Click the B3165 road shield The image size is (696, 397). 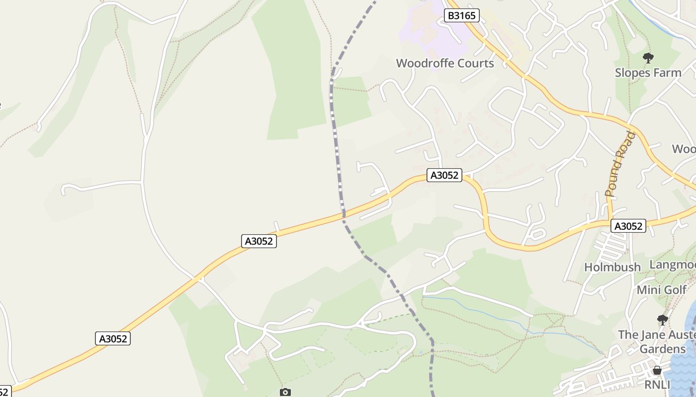pyautogui.click(x=461, y=16)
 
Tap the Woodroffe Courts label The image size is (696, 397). pyautogui.click(x=445, y=64)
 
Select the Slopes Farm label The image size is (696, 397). pyautogui.click(x=648, y=73)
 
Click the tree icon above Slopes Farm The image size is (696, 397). pyautogui.click(x=648, y=58)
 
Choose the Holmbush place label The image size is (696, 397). pyautogui.click(x=612, y=267)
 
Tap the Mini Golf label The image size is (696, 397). pyautogui.click(x=662, y=290)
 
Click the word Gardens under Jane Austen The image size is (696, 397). pyautogui.click(x=662, y=349)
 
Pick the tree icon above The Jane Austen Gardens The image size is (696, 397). pyautogui.click(x=662, y=320)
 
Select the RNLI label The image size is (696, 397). pyautogui.click(x=657, y=385)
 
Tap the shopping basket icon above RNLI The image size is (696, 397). pyautogui.click(x=657, y=370)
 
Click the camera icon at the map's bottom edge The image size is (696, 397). pyautogui.click(x=285, y=392)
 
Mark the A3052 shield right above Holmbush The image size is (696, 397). pyautogui.click(x=628, y=226)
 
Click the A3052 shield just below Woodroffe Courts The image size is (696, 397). pyautogui.click(x=444, y=175)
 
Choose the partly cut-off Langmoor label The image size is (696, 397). pyautogui.click(x=672, y=265)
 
